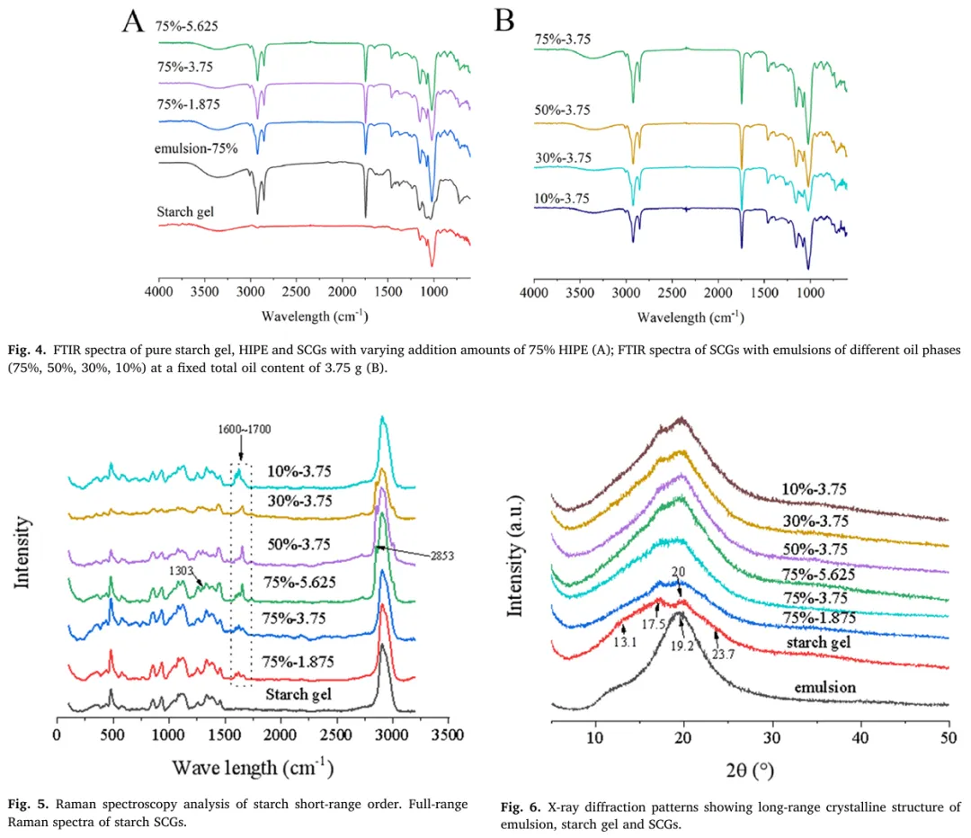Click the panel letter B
[504, 21]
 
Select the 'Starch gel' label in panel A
[185, 212]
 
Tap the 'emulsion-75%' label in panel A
[196, 148]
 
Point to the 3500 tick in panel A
[204, 291]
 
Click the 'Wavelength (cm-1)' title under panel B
[690, 317]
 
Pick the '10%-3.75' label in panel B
[562, 198]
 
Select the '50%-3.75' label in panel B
[562, 110]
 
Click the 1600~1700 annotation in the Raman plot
[244, 429]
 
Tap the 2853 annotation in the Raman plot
[442, 556]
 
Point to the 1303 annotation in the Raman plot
[182, 570]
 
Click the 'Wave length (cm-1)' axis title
[253, 768]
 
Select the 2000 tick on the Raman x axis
[281, 735]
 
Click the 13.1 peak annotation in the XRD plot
[625, 642]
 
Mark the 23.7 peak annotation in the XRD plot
[723, 654]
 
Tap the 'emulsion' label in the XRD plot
[824, 688]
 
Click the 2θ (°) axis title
[750, 770]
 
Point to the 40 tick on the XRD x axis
[860, 737]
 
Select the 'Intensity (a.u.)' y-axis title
[515, 557]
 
